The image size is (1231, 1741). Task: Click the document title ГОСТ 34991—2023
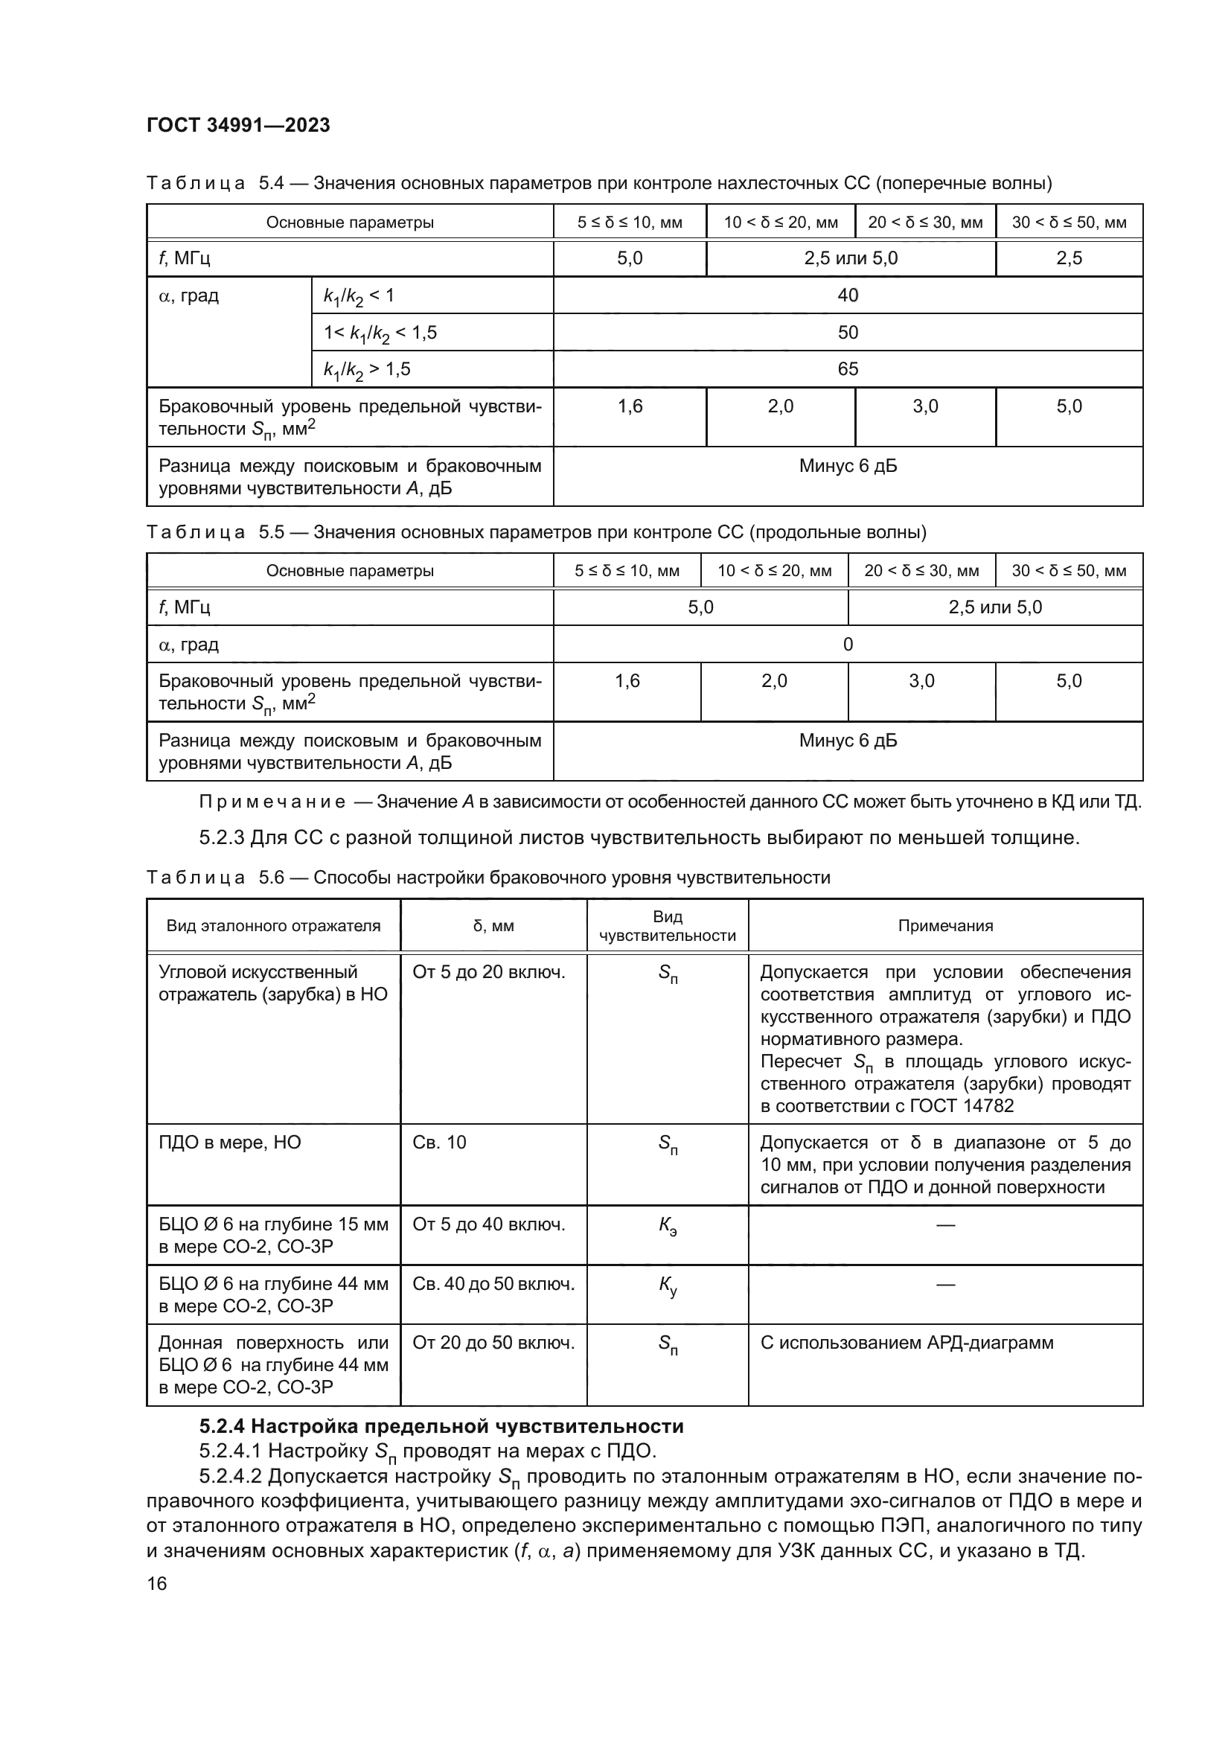point(238,125)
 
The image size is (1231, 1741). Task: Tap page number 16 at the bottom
point(157,1583)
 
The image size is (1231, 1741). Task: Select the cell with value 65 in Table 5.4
point(848,369)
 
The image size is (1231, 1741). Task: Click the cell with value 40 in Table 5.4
point(848,296)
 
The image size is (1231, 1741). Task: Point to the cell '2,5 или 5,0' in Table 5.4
point(851,258)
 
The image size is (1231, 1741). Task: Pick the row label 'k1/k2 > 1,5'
point(367,370)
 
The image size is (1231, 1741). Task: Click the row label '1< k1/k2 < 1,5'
point(380,333)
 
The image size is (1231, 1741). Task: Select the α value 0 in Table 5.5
point(848,645)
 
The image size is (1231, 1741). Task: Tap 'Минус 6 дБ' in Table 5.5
point(848,741)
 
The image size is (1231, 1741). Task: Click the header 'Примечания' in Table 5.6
point(945,926)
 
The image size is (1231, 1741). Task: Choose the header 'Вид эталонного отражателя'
point(274,926)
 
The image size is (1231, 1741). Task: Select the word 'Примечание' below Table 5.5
point(273,802)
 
